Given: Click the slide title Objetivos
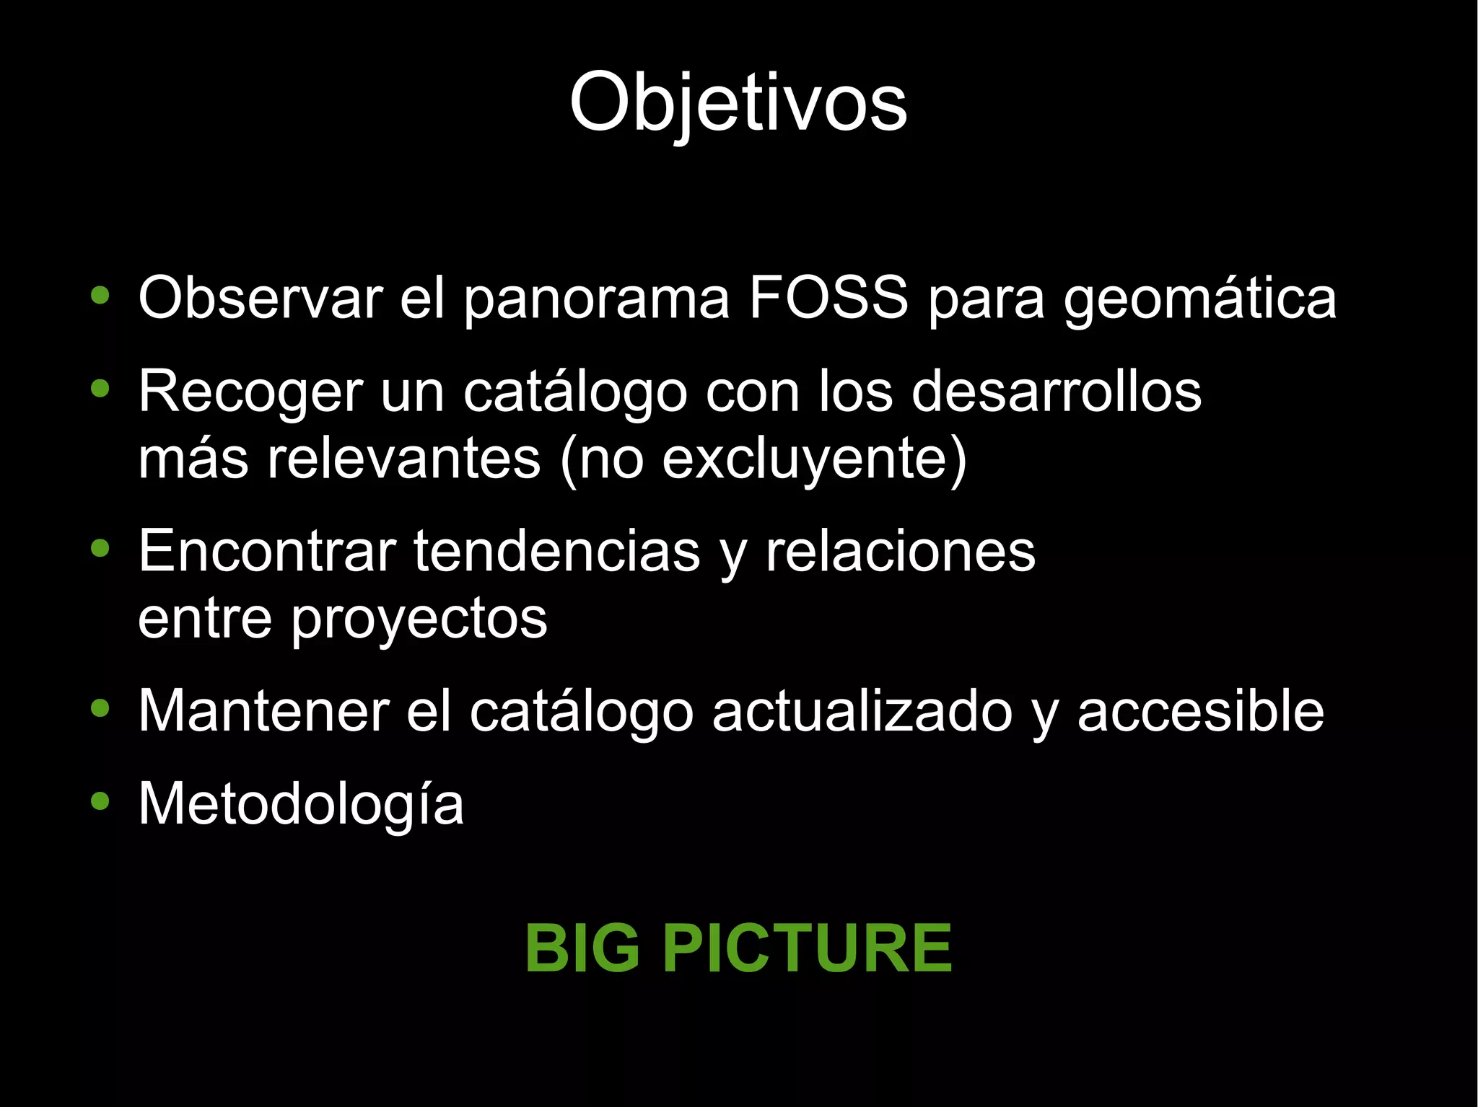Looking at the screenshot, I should pyautogui.click(x=738, y=102).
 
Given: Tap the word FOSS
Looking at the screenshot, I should pyautogui.click(x=828, y=297).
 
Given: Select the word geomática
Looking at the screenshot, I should pyautogui.click(x=1199, y=299).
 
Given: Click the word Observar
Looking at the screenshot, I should pyautogui.click(x=261, y=297).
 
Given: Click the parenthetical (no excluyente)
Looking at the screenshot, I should pyautogui.click(x=763, y=459).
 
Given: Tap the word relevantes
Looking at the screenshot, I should pyautogui.click(x=403, y=459).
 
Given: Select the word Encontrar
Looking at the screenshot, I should pyautogui.click(x=267, y=551).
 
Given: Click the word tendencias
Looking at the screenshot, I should pyautogui.click(x=556, y=551).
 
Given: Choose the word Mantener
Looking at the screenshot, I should pyautogui.click(x=263, y=711).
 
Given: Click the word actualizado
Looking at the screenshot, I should pyautogui.click(x=862, y=711).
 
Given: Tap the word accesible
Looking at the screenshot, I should pyautogui.click(x=1200, y=711).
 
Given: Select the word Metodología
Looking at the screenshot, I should pyautogui.click(x=300, y=805).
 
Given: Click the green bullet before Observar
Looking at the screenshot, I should pyautogui.click(x=100, y=295).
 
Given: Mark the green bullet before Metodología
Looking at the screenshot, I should pyautogui.click(x=100, y=801).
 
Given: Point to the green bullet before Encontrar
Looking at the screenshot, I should pyautogui.click(x=100, y=548).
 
